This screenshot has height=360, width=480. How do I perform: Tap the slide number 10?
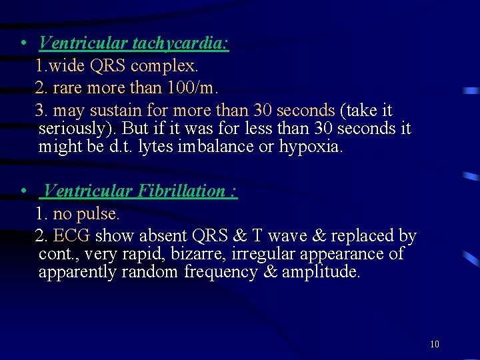435,344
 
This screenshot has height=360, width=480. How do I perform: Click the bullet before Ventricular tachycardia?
23,44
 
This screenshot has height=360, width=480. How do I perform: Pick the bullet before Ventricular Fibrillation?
23,192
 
